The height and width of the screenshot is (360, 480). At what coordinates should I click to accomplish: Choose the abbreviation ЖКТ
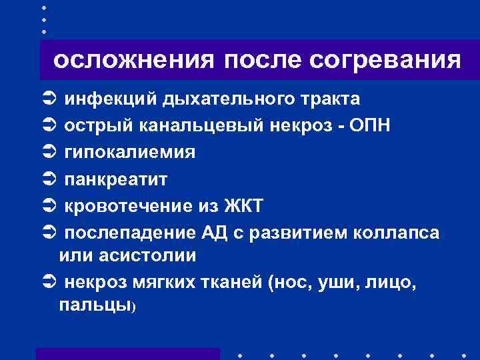tap(244, 207)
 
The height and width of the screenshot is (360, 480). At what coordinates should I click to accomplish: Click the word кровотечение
tap(131, 207)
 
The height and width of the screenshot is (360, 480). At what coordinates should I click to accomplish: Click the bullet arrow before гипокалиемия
tap(47, 153)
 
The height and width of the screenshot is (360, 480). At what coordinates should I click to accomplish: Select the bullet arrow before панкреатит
tap(47, 180)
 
